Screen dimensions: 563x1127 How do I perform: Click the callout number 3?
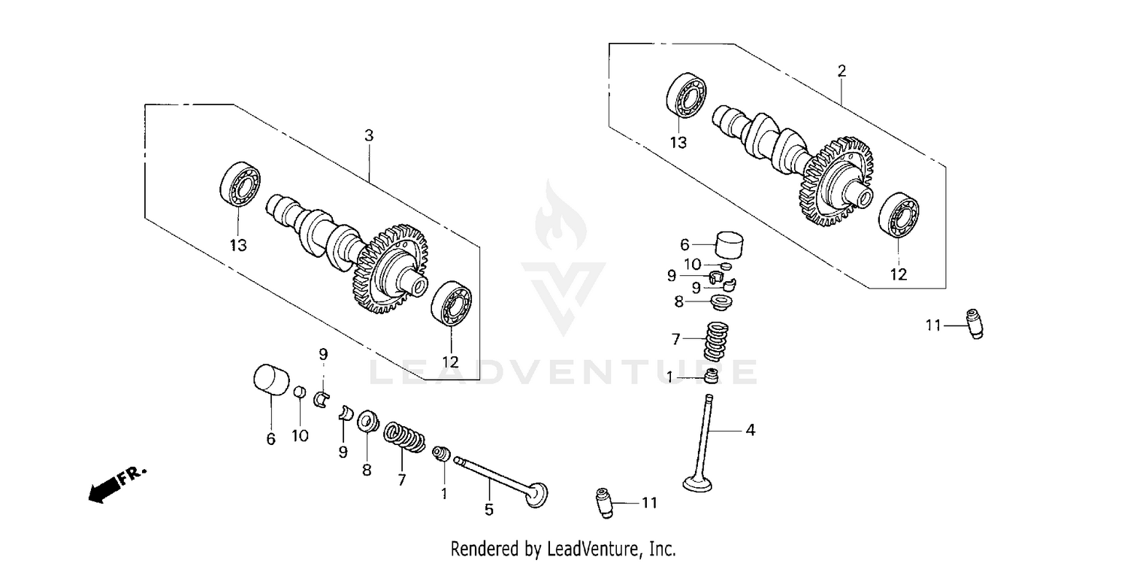(368, 136)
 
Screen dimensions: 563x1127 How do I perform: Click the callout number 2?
(841, 71)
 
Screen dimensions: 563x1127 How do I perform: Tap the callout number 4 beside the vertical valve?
(750, 430)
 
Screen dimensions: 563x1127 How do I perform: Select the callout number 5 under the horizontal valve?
(488, 510)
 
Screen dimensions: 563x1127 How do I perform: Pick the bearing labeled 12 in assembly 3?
(451, 302)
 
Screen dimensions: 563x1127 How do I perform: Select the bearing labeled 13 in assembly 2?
(684, 96)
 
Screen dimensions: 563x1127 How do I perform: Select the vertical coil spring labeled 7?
(715, 341)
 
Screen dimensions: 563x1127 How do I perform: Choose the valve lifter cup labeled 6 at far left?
(270, 379)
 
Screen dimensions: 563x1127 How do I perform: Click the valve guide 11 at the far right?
(974, 324)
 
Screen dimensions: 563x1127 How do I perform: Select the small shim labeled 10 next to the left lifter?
(298, 392)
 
